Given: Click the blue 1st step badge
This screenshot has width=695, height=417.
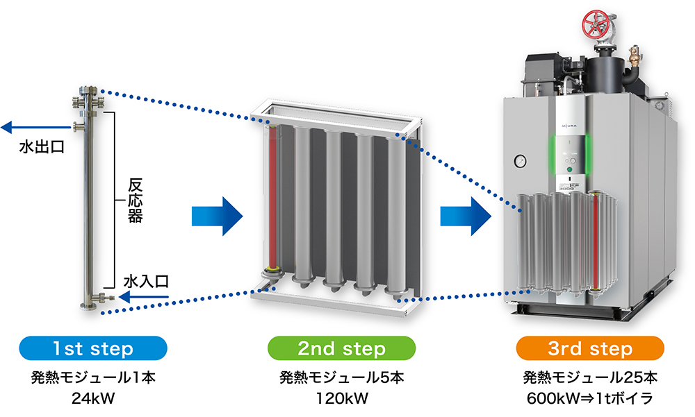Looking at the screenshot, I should tap(93, 348).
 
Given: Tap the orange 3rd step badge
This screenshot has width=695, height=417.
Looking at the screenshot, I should tap(590, 348).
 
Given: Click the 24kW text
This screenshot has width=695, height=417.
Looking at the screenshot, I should tap(92, 399).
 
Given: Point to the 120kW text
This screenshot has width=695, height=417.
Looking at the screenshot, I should tap(341, 399).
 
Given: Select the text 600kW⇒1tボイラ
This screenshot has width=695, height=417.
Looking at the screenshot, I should tap(590, 399).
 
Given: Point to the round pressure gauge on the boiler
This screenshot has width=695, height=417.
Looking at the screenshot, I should tap(519, 162).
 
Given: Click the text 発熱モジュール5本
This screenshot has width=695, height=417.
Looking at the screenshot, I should tap(341, 378).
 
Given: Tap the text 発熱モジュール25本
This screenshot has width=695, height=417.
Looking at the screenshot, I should tap(590, 378).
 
